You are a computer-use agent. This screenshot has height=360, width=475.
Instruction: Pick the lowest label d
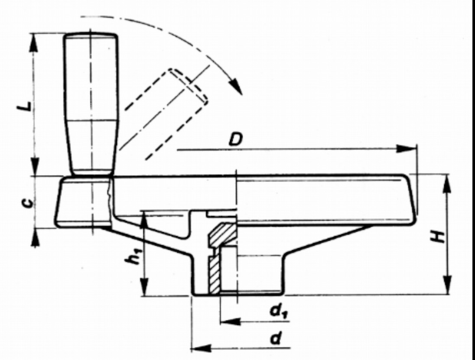point(274,339)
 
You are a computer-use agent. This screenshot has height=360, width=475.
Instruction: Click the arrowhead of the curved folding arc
point(237,87)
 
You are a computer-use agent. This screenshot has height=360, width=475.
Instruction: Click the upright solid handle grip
point(91,104)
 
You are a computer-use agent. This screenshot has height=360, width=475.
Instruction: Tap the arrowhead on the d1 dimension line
point(230,322)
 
